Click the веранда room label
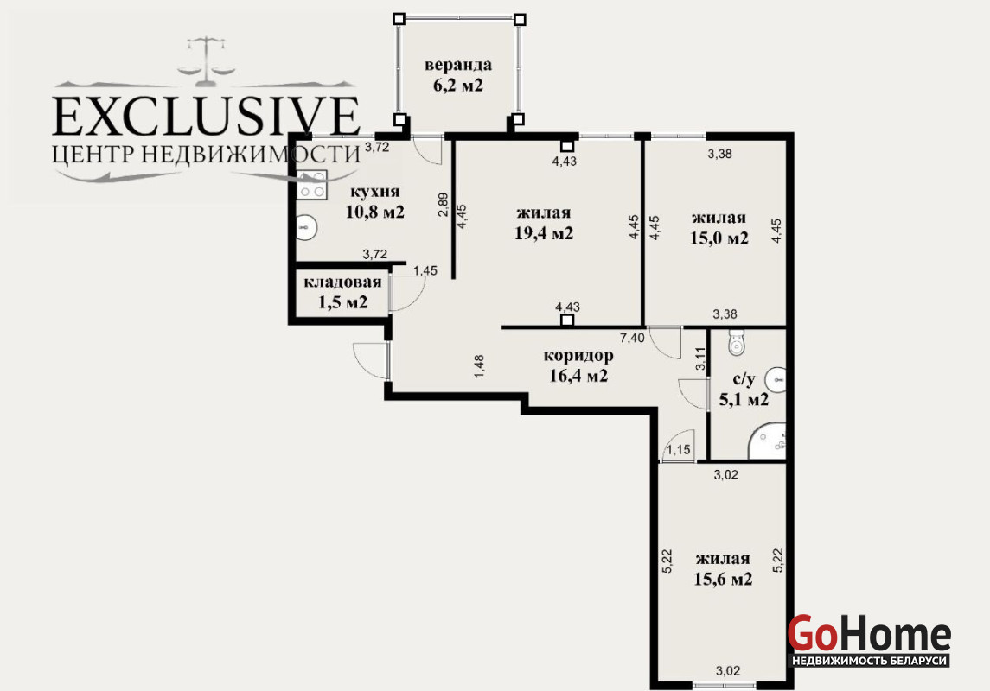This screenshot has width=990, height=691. click(457, 75)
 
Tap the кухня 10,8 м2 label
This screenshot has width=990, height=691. click(375, 202)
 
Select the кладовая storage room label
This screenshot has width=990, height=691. click(343, 292)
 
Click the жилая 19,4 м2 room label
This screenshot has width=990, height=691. click(544, 223)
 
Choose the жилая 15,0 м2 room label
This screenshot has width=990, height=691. click(719, 228)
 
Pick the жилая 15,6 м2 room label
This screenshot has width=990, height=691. click(723, 568)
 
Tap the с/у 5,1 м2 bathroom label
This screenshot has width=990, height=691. click(744, 389)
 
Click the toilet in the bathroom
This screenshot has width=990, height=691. click(736, 341)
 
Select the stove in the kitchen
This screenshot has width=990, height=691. click(312, 185)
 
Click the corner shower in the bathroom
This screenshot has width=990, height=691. click(767, 441)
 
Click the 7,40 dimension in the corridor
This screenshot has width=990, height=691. click(633, 338)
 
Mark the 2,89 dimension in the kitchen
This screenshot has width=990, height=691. click(444, 204)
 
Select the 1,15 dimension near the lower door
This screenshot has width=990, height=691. click(679, 450)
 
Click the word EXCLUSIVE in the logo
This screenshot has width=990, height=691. click(206, 117)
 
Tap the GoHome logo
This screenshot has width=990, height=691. click(869, 639)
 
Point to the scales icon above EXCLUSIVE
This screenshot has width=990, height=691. click(206, 61)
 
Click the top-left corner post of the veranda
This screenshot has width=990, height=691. click(399, 19)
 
